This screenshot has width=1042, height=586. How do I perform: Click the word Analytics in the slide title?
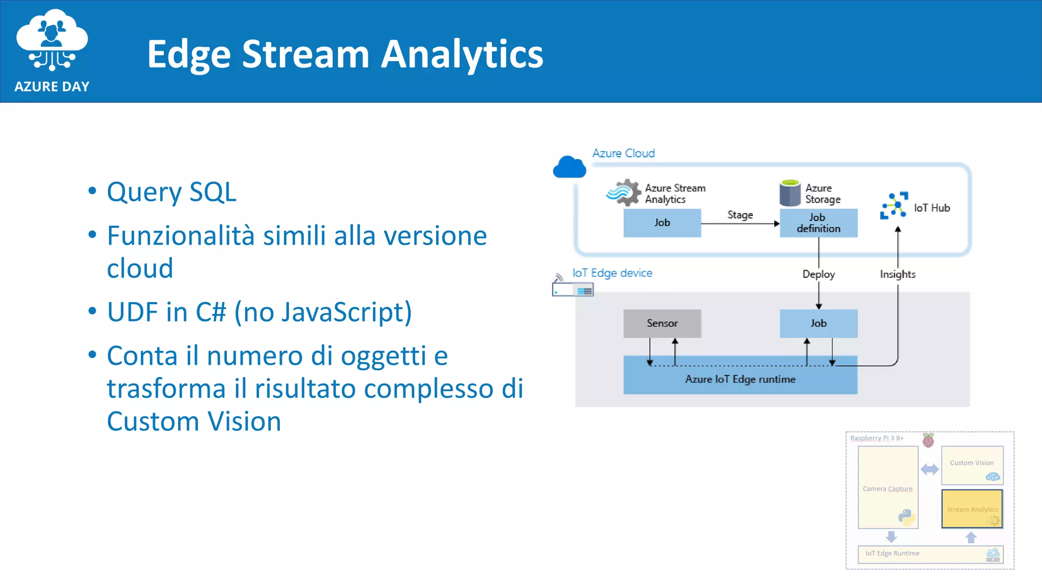click(x=462, y=54)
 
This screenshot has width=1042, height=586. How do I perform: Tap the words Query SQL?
click(x=171, y=192)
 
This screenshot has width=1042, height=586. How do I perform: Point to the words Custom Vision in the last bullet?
click(x=194, y=422)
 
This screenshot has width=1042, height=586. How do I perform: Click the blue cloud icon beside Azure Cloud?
click(x=569, y=167)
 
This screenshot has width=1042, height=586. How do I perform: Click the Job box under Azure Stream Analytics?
click(x=662, y=223)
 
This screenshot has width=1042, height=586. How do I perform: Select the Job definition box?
click(x=818, y=223)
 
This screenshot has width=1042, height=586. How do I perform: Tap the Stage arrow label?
click(x=740, y=215)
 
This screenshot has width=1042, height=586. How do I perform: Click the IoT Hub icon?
click(x=894, y=206)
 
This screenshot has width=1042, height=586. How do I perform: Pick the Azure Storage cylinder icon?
click(x=790, y=193)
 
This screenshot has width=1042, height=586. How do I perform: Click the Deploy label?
click(x=818, y=274)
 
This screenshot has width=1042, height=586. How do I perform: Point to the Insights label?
click(x=898, y=274)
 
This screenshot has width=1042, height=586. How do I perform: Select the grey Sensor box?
click(x=662, y=324)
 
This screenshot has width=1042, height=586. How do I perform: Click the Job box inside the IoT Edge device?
click(x=818, y=324)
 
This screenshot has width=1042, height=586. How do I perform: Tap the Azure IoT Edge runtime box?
click(x=740, y=379)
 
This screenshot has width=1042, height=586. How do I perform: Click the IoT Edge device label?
click(x=612, y=273)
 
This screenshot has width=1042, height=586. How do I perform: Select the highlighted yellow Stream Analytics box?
click(x=972, y=509)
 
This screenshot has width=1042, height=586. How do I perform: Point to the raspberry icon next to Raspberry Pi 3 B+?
click(x=928, y=440)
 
